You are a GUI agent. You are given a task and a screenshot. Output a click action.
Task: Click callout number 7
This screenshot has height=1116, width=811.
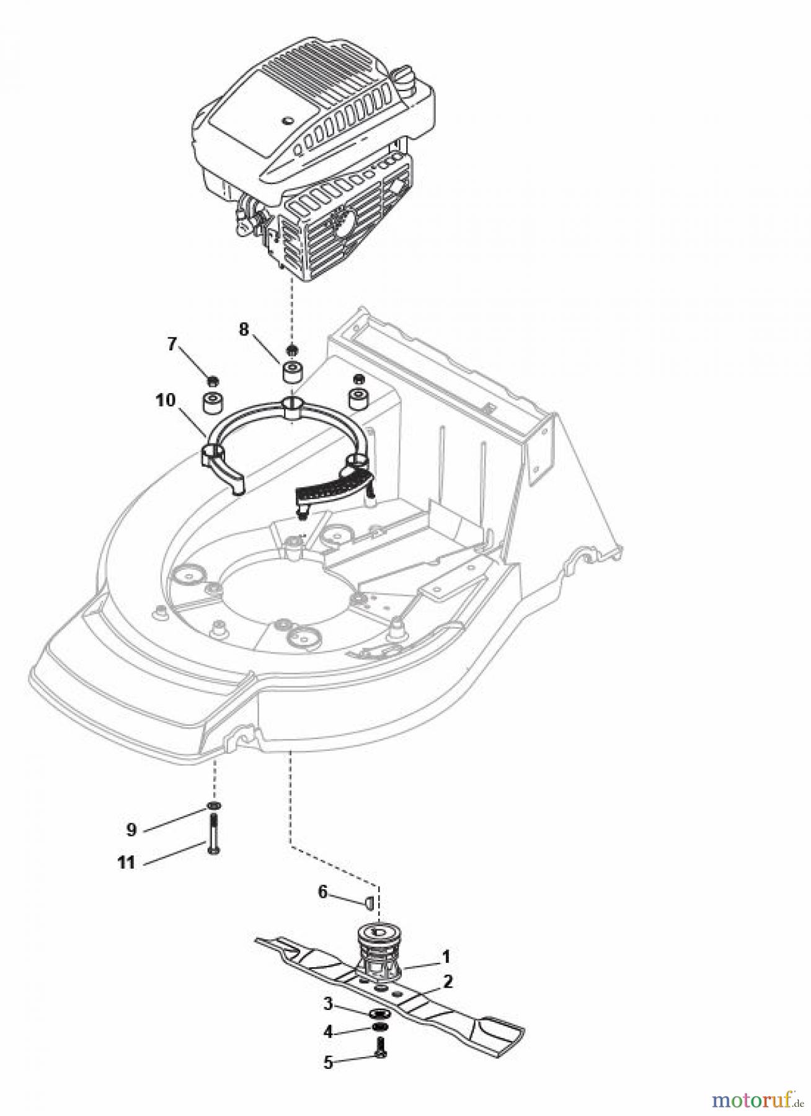(x=172, y=343)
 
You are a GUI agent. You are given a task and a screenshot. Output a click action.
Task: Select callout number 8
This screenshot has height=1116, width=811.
(x=244, y=329)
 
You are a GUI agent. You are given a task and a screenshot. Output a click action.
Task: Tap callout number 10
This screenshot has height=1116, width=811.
(x=166, y=399)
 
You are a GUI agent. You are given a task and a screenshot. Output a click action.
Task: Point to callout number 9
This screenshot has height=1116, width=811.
(x=131, y=829)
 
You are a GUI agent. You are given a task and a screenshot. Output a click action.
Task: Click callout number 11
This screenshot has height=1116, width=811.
(x=126, y=862)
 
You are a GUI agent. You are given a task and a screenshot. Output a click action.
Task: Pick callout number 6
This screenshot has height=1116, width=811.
(x=322, y=892)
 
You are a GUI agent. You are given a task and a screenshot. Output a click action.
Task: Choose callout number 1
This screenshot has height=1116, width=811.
(x=445, y=957)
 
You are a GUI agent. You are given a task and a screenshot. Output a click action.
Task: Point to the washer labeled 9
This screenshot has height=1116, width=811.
(x=214, y=806)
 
